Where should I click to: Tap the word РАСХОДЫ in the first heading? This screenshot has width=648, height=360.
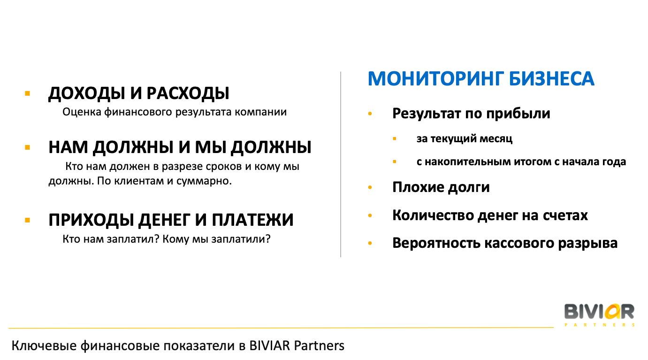(x=188, y=93)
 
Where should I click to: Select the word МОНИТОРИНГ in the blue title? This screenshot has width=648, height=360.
(x=435, y=79)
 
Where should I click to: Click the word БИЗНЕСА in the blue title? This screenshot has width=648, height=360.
(x=552, y=79)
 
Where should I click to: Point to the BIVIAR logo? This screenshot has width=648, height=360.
(x=599, y=315)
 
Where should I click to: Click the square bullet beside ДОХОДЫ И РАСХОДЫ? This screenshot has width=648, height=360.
(x=28, y=93)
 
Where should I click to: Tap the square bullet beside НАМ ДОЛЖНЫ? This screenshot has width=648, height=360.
(x=28, y=147)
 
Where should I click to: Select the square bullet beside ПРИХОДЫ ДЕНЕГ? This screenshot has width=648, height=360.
(x=28, y=220)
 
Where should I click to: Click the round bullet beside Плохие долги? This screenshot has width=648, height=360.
(x=370, y=188)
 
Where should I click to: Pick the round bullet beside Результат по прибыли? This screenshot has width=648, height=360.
(x=370, y=114)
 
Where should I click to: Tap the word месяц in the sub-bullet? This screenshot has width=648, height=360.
(x=496, y=139)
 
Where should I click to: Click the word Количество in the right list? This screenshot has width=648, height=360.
(x=433, y=215)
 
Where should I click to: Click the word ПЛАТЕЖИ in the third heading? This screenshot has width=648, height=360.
(x=252, y=220)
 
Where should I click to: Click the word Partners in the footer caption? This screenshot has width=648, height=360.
(x=319, y=346)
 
